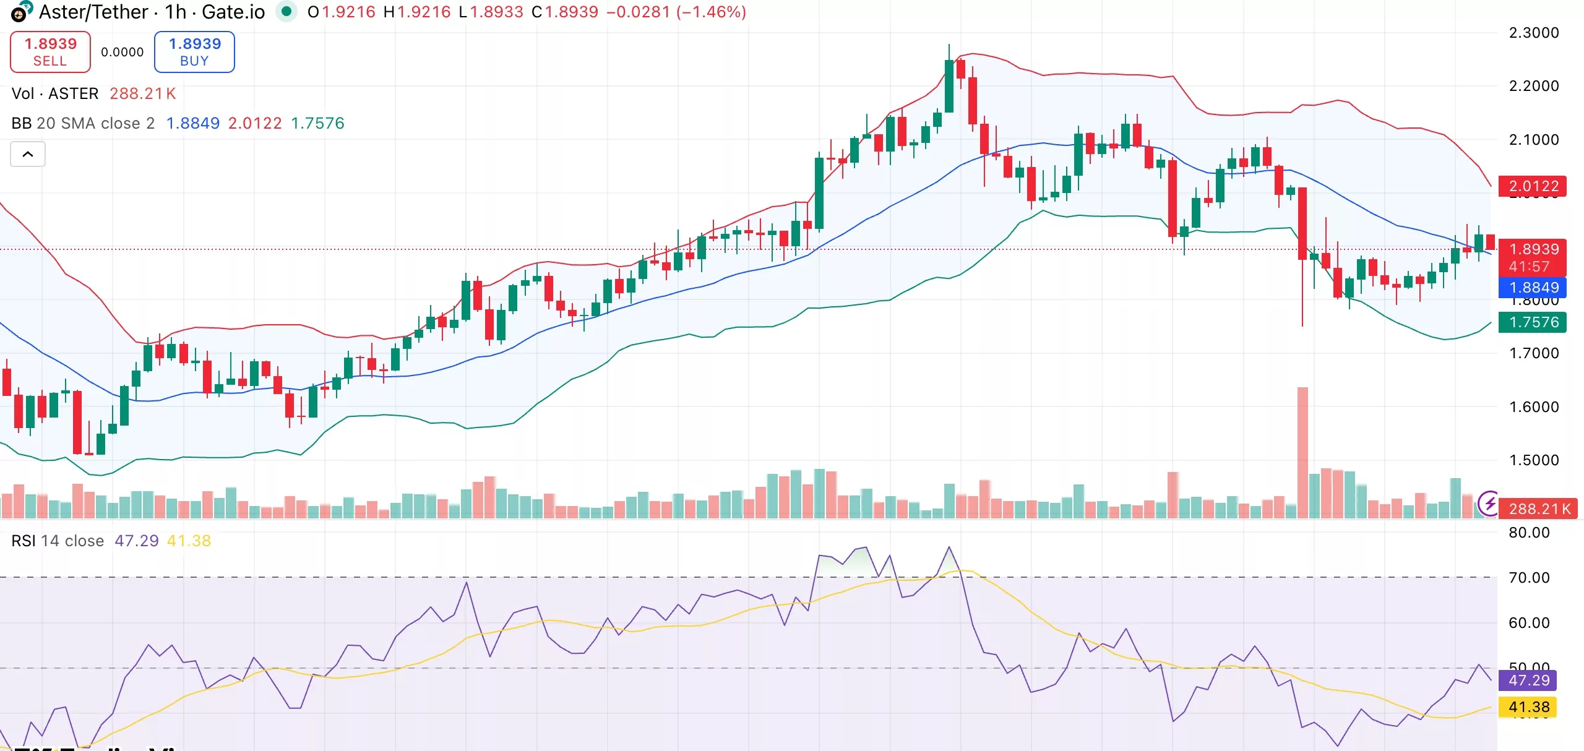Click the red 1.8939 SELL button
50,52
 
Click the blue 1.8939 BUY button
194,52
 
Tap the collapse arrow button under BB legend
28,154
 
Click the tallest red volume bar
1302,452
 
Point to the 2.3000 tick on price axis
1533,33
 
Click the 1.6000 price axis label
1533,407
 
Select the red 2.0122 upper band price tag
1533,186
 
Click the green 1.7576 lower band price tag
1533,322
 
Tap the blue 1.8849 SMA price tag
1533,288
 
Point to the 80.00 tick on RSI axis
1528,533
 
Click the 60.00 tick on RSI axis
1528,623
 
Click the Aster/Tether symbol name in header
93,12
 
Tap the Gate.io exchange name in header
233,12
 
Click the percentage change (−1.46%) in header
711,12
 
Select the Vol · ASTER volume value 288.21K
143,93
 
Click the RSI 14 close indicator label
58,541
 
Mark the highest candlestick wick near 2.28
949,47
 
